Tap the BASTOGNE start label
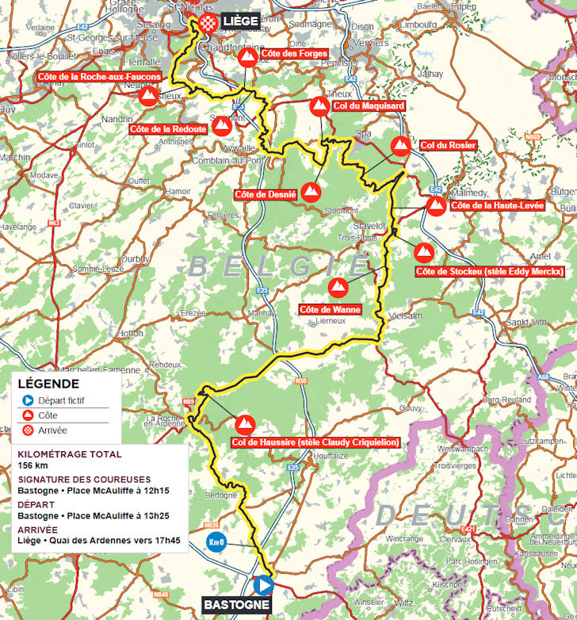236,606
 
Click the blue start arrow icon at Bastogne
263,585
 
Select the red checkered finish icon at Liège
208,21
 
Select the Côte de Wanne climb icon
338,287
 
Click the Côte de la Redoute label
168,128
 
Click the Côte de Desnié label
266,194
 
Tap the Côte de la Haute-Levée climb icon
436,206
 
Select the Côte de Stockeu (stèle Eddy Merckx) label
489,272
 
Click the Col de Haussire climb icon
244,424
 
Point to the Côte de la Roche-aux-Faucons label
99,77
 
